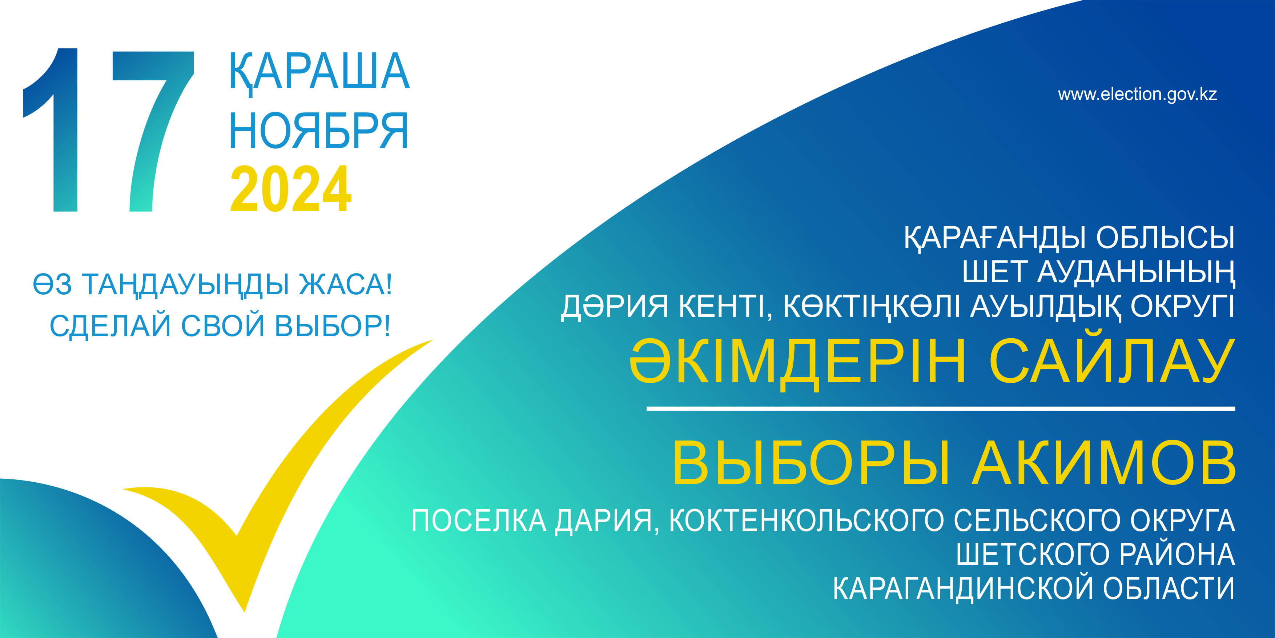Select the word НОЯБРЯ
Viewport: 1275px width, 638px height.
point(318,130)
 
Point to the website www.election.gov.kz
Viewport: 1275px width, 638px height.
point(1137,94)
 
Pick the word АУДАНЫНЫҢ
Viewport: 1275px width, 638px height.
point(1136,272)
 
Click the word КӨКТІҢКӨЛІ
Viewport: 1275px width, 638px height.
point(872,307)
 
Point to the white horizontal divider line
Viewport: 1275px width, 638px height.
point(941,408)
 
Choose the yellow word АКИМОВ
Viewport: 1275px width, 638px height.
point(1104,463)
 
